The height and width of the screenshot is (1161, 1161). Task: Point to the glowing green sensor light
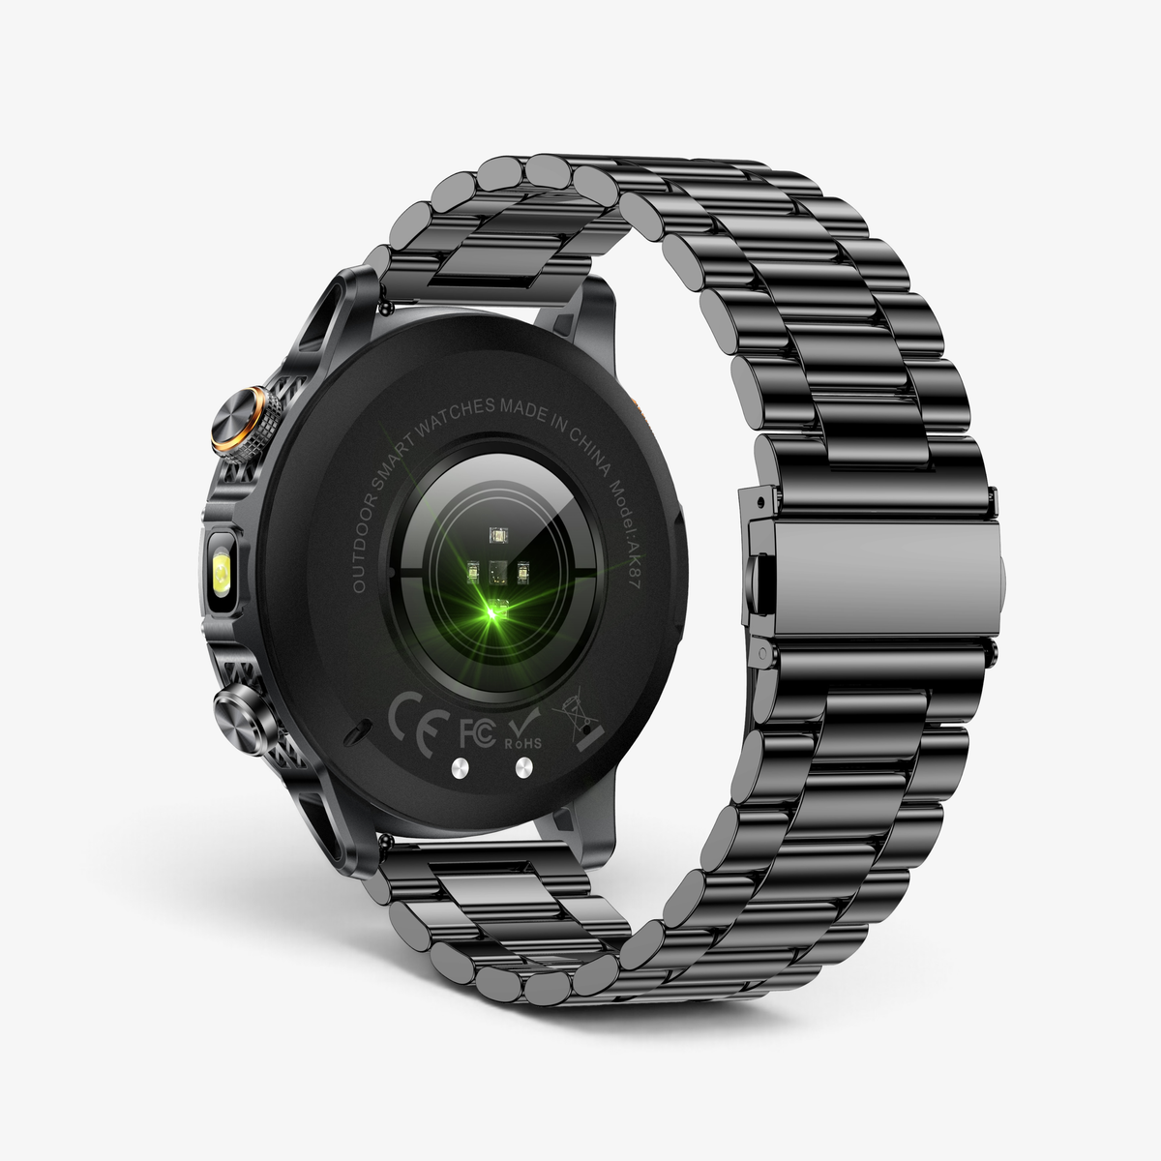click(x=494, y=611)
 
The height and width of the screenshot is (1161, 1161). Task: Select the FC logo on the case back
click(x=477, y=733)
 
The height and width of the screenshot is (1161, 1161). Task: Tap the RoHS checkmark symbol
click(x=523, y=729)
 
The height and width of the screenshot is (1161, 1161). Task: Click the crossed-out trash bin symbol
click(x=578, y=720)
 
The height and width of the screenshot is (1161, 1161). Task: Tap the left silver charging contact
click(x=461, y=767)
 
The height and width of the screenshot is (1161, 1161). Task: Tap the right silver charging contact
click(x=524, y=766)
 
